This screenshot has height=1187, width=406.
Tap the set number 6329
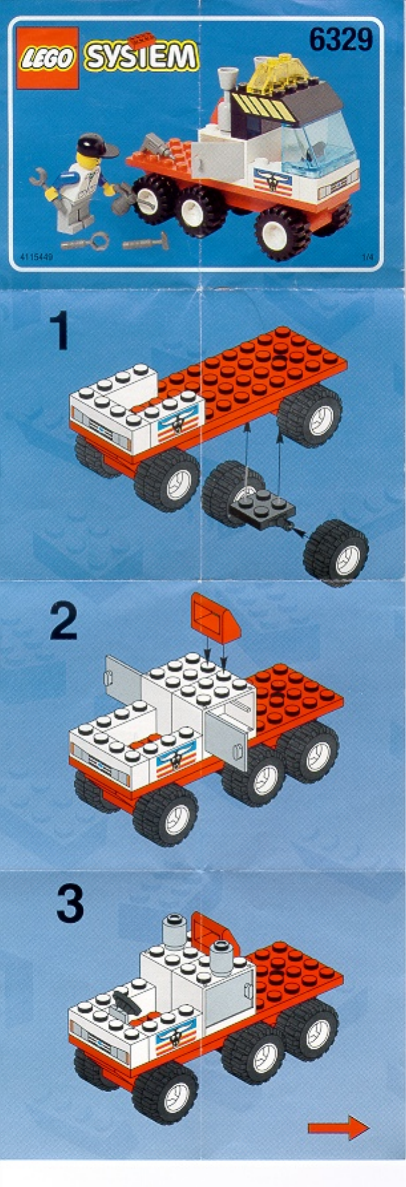coord(341,40)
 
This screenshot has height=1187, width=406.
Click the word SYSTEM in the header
coord(141,56)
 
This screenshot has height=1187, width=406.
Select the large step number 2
coord(64,621)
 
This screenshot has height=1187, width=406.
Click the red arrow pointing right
coord(338,1127)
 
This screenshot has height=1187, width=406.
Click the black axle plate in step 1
coord(264,505)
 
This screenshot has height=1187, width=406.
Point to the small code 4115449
coord(29,256)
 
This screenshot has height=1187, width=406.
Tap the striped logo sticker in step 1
coord(176,425)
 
